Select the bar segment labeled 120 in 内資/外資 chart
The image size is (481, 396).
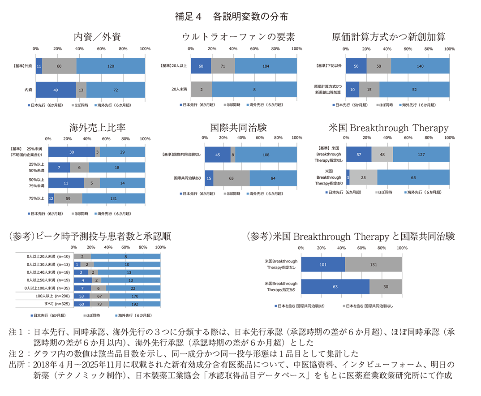[111, 65]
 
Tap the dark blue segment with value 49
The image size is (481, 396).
[56, 90]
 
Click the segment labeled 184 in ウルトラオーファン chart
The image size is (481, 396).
[266, 65]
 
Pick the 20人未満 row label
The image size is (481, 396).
[179, 90]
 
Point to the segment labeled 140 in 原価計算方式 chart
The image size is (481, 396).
[420, 65]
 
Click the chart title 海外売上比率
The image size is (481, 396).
[97, 128]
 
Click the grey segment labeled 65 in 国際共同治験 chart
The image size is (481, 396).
[231, 178]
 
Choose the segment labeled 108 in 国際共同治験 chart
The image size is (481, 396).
[266, 155]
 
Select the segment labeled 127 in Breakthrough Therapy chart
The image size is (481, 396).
[421, 155]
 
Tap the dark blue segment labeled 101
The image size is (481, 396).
[323, 264]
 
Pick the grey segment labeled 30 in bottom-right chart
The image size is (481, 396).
[386, 287]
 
